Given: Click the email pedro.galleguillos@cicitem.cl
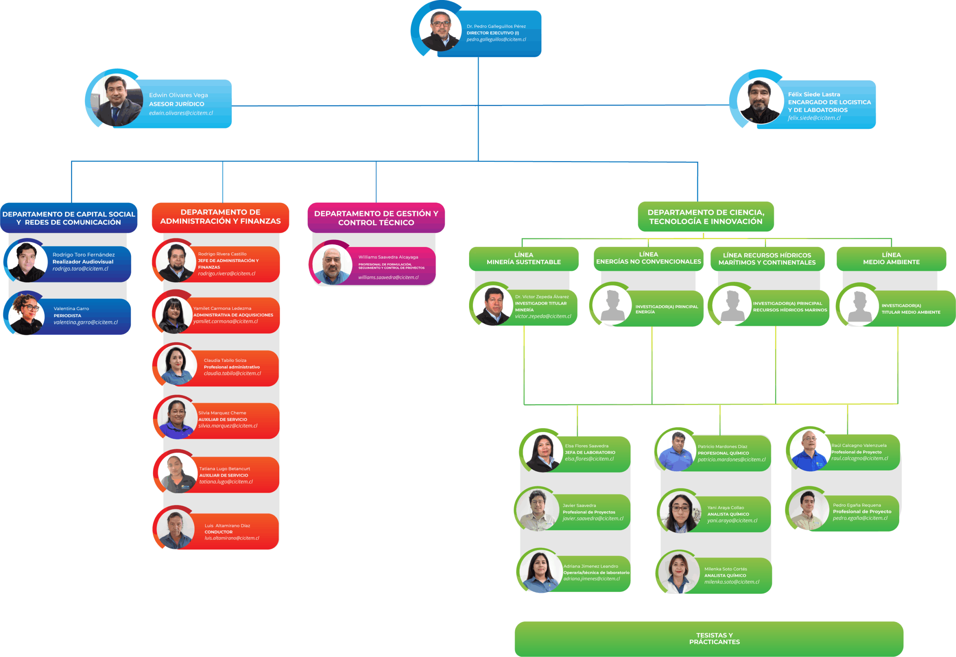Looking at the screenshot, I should (x=496, y=40).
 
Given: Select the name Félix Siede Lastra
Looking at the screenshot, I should (x=814, y=94).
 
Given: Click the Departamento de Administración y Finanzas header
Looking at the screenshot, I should (x=220, y=217).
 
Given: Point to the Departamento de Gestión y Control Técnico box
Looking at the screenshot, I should (x=376, y=218).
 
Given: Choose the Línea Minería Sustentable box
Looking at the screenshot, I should (x=523, y=259).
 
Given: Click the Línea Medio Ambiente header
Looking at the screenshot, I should (x=891, y=259).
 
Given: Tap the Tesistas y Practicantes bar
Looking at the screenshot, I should (x=714, y=638).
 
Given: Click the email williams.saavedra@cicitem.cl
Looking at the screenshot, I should (x=388, y=277).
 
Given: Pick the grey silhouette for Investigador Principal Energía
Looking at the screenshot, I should (x=612, y=305).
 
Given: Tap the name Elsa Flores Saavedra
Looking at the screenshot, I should (x=587, y=446).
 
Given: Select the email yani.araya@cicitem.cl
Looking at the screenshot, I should (x=732, y=521).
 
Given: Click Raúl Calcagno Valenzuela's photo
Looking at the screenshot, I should (x=809, y=450).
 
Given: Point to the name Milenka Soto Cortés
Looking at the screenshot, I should (x=726, y=569).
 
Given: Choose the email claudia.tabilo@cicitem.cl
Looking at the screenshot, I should (x=232, y=373).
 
